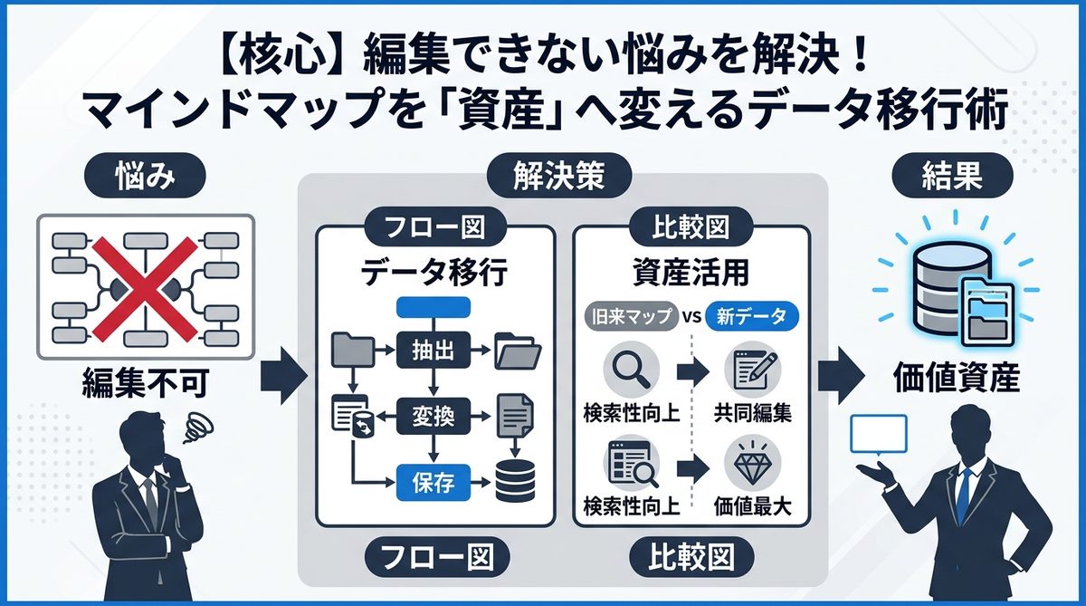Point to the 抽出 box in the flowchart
436,348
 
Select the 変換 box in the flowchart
436,418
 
